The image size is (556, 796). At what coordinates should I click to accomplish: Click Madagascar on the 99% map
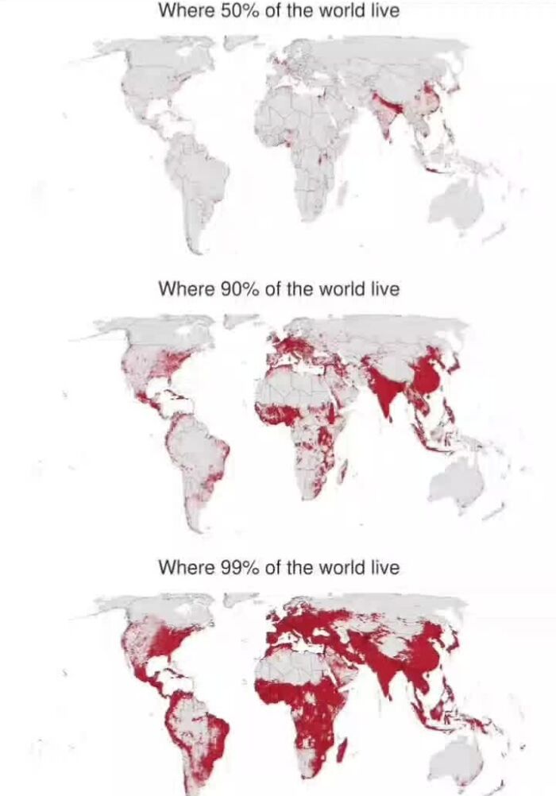[343, 748]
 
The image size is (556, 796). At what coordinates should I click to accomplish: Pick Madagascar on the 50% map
[343, 188]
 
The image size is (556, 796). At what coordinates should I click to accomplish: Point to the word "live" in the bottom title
[384, 568]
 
